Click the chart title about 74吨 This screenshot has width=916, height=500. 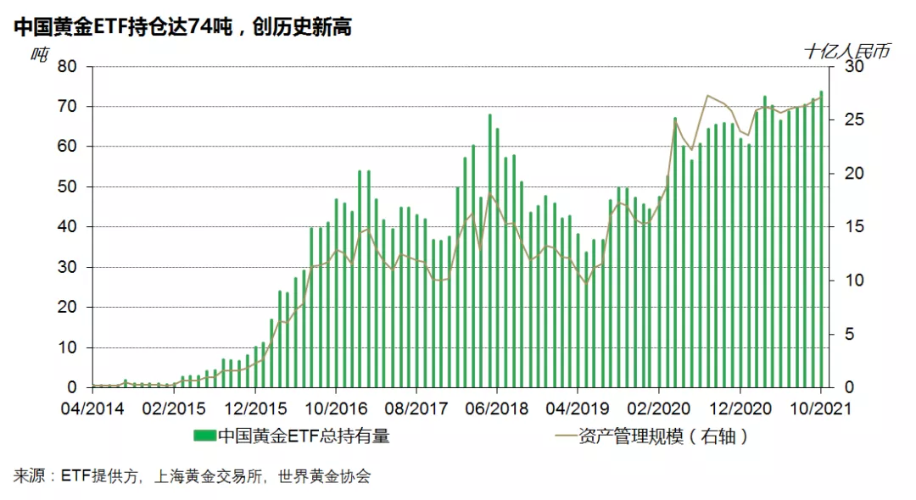pos(182,28)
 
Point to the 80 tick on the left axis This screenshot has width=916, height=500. pos(68,67)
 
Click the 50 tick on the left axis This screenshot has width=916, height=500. pos(68,187)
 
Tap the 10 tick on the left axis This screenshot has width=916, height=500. pos(68,347)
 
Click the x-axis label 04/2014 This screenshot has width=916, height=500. pos(93,408)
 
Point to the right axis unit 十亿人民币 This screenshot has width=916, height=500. pos(846,52)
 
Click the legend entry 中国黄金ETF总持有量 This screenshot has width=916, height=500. pos(304,437)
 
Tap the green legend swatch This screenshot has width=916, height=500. pos(204,437)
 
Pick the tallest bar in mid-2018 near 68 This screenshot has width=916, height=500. pos(489,251)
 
